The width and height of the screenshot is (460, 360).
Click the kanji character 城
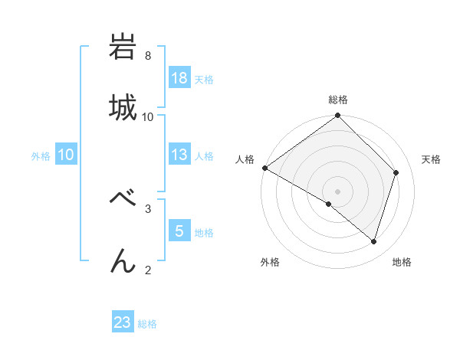pos(123,107)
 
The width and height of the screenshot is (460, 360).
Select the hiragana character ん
pos(123,260)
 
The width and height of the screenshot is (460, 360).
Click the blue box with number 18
pos(179,78)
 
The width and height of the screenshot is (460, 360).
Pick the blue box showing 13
pos(179,155)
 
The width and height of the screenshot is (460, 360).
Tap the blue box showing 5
pos(179,231)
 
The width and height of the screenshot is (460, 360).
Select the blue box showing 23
pos(123,322)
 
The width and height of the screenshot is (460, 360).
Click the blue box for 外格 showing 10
pos(66,155)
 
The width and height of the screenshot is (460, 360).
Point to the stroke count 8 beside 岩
pos(148,56)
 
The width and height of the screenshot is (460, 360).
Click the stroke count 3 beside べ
pos(148,208)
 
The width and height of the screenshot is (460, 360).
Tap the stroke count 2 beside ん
pos(148,269)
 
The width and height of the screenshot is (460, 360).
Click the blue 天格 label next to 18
pos(203,79)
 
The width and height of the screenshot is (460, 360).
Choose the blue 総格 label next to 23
pos(147,324)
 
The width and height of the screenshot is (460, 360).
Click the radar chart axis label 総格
pos(338,100)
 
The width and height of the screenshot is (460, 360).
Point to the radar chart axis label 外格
pos(270,262)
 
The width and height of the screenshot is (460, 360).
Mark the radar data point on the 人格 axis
pos(264,168)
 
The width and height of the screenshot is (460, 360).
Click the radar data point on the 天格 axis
pos(396,172)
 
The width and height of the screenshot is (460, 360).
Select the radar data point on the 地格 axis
pos(374,242)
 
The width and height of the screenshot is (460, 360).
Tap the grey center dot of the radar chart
pos(338,191)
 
